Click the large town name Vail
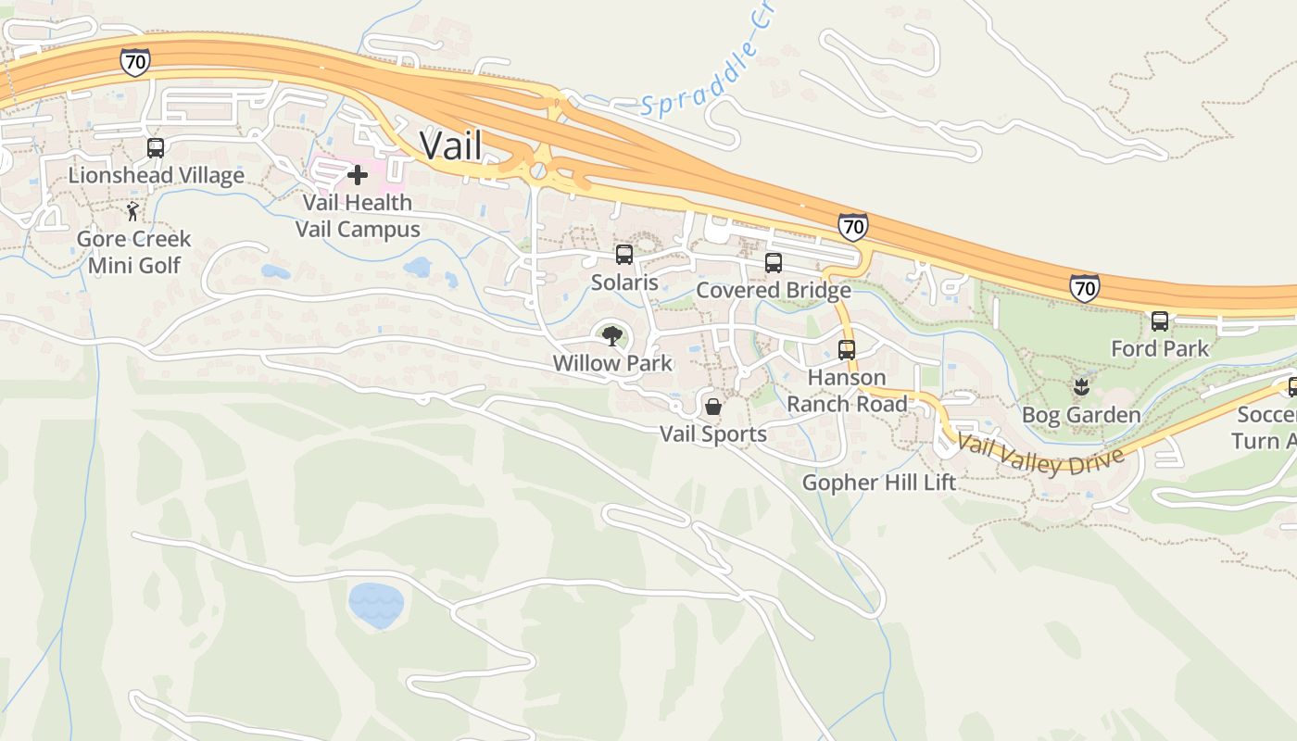click(450, 144)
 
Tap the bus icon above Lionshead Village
click(156, 148)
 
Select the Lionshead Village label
click(156, 175)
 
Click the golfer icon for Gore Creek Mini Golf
click(133, 211)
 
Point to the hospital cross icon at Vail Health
click(357, 174)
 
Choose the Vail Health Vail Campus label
click(358, 215)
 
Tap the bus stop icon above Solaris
click(624, 255)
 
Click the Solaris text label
click(624, 283)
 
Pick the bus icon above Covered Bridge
click(774, 263)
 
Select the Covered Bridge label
click(774, 290)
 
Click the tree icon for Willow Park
click(611, 335)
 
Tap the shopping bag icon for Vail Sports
click(713, 406)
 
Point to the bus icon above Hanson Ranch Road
click(847, 350)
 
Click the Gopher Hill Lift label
click(878, 483)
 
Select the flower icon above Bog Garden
click(1080, 385)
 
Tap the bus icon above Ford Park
click(1160, 321)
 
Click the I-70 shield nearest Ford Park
click(1085, 287)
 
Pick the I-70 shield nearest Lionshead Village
click(134, 62)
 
